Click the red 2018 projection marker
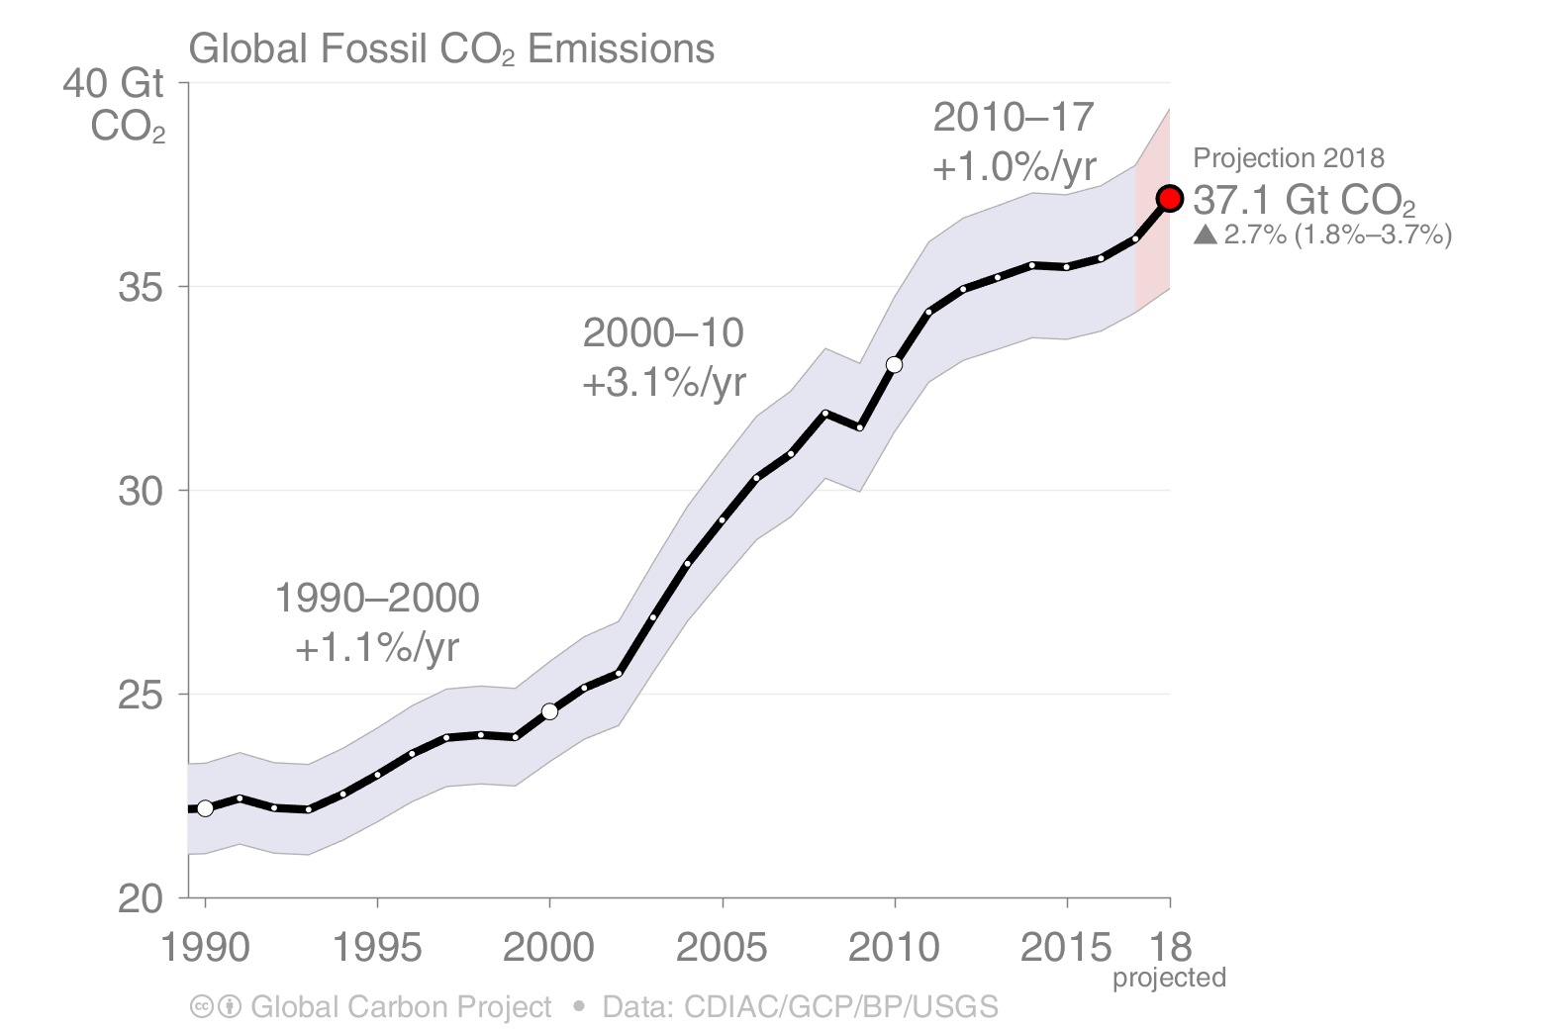pos(1169,199)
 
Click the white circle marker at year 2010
pos(894,365)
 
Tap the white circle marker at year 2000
pos(549,711)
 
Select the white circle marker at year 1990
pos(205,808)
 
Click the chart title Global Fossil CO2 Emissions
pos(451,48)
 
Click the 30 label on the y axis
pos(139,491)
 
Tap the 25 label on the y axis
pos(139,695)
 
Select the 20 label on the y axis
pos(139,898)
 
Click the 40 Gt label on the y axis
pos(113,83)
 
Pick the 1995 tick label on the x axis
pos(377,948)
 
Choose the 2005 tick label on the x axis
pos(722,948)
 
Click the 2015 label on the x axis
pos(1065,948)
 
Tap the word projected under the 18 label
pos(1169,979)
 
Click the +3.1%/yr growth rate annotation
pos(664,382)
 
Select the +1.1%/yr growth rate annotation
pos(377,648)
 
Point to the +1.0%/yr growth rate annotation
pos(1015,167)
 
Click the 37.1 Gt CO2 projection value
pos(1304,201)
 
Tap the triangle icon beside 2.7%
pos(1205,235)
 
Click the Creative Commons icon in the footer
pos(201,1007)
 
